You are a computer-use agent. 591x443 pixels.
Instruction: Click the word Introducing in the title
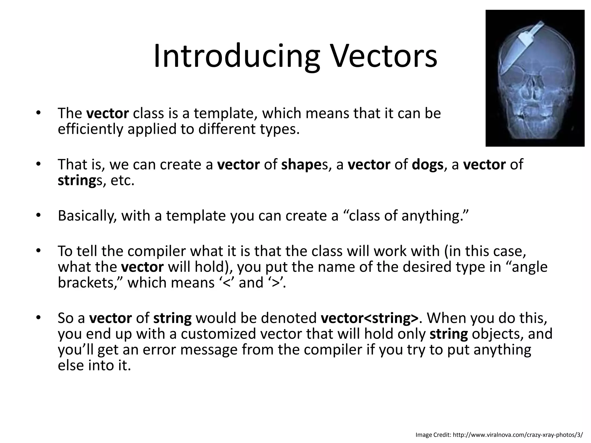[237, 56]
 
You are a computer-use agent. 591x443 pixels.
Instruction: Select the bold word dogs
[427, 165]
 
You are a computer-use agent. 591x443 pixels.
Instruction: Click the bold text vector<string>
[369, 318]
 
